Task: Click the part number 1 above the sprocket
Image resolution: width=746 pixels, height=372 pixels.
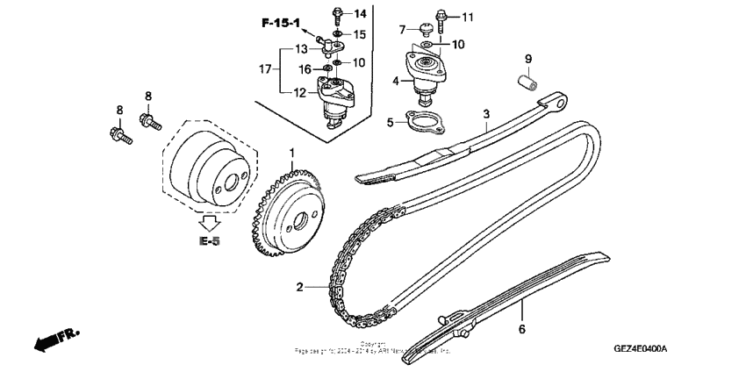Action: [293, 154]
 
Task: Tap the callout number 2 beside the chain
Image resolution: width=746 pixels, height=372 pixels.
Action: [299, 287]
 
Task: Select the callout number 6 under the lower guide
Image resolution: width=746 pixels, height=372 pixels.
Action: [521, 329]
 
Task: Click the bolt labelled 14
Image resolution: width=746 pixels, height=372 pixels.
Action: [339, 14]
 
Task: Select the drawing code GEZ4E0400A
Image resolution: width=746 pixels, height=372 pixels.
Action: [640, 348]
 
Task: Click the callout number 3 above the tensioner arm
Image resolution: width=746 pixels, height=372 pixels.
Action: [484, 114]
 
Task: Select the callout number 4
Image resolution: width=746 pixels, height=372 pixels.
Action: [396, 82]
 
